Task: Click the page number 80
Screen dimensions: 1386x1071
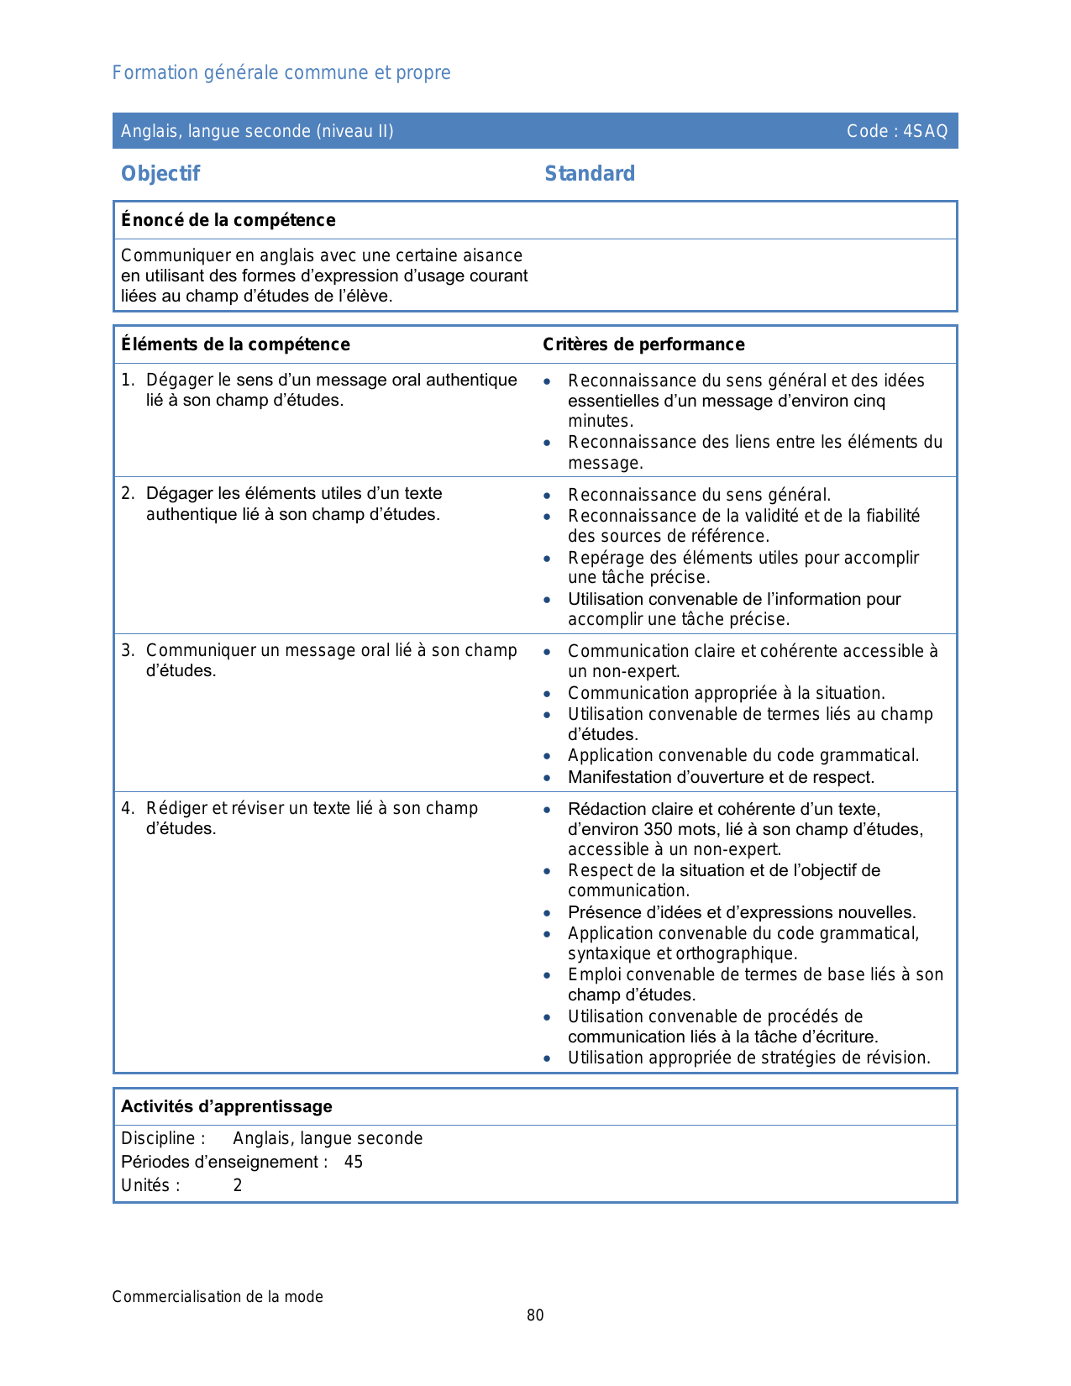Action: [535, 1315]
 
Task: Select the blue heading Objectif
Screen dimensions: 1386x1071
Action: [160, 174]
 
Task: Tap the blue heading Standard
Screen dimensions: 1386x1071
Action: [590, 174]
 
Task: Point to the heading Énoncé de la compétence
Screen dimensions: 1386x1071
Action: [228, 220]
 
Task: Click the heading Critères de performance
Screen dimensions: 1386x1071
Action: [643, 344]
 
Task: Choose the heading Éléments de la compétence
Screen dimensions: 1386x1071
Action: [235, 344]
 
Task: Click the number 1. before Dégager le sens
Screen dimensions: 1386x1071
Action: [127, 381]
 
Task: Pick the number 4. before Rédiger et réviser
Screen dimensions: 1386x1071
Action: [127, 808]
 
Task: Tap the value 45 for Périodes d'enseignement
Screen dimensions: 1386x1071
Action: [354, 1162]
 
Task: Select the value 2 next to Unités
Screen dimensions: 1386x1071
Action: [238, 1185]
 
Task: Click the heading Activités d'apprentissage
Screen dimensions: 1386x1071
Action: [227, 1106]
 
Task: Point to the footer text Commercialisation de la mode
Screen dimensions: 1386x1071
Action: [218, 1297]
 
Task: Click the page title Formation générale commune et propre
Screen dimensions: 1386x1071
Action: [281, 73]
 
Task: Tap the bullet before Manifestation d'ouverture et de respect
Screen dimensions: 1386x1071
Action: [548, 778]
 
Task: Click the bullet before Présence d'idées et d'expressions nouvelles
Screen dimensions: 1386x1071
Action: [548, 913]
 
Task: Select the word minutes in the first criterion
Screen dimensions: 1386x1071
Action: [600, 421]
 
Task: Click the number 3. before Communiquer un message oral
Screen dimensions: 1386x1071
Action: [127, 650]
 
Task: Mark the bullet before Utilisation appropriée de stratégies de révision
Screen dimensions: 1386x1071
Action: [548, 1058]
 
